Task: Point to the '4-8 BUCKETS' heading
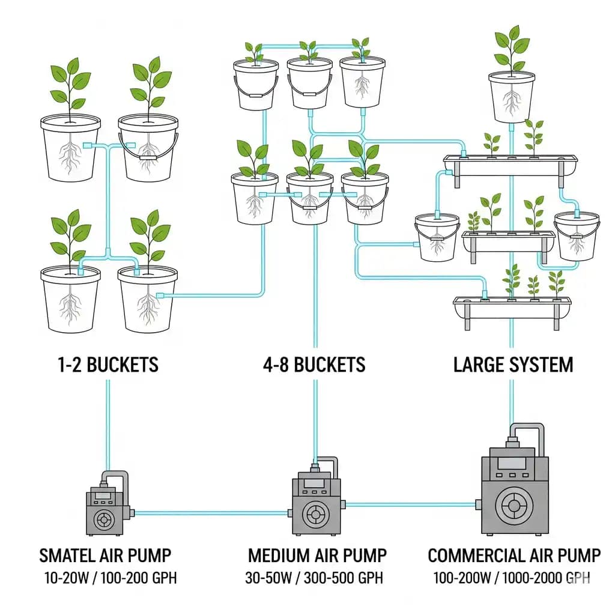coord(313,365)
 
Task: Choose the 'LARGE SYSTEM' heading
coord(513,365)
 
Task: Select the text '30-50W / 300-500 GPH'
coord(314,578)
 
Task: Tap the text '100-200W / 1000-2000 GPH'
coord(512,578)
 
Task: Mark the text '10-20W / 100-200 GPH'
coord(111,578)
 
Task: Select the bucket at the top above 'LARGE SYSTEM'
coord(511,96)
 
